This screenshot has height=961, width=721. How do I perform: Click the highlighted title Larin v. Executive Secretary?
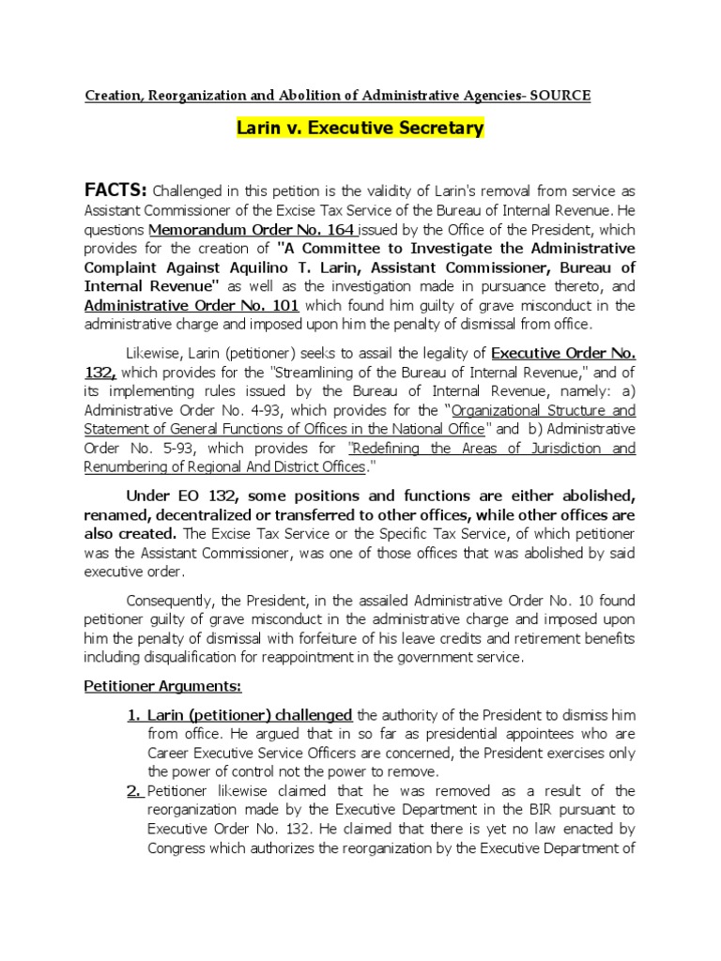click(360, 128)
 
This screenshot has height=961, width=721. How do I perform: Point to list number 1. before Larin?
click(135, 715)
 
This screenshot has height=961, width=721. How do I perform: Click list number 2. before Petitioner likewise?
click(135, 791)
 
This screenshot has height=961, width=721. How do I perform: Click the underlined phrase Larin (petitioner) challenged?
click(250, 715)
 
